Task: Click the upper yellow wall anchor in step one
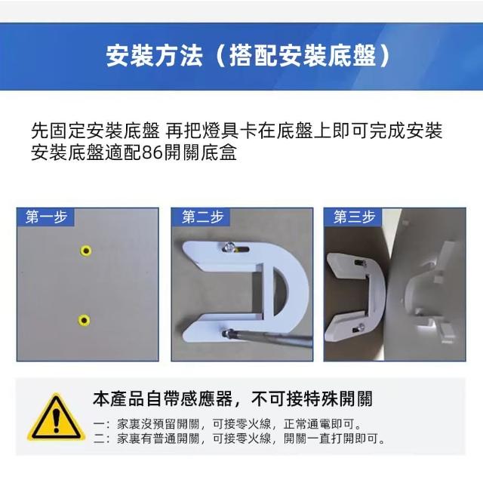pyautogui.click(x=86, y=251)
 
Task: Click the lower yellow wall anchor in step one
pyautogui.click(x=84, y=320)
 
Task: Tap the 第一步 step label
pyautogui.click(x=46, y=217)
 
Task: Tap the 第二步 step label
pyautogui.click(x=202, y=217)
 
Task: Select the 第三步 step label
pyautogui.click(x=354, y=217)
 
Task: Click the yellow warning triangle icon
pyautogui.click(x=56, y=417)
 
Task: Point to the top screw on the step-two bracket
pyautogui.click(x=229, y=247)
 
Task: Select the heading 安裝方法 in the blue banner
pyautogui.click(x=154, y=56)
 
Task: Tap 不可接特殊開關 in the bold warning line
pyautogui.click(x=312, y=398)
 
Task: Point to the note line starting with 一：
pyautogui.click(x=227, y=424)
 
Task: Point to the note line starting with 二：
pyautogui.click(x=239, y=438)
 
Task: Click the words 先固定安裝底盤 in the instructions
pyautogui.click(x=96, y=131)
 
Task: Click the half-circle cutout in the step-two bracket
pyautogui.click(x=280, y=290)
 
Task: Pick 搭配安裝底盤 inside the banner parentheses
pyautogui.click(x=303, y=56)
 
